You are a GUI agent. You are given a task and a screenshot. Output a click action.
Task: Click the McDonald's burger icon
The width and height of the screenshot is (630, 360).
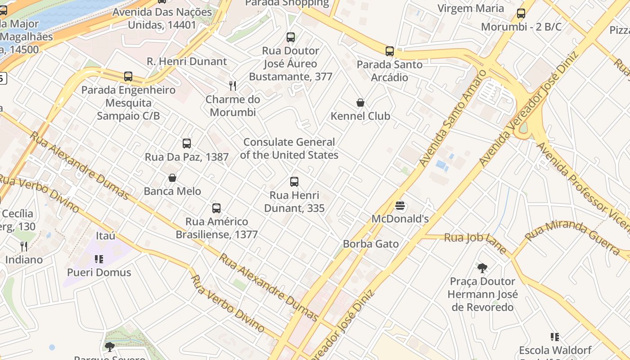pyautogui.click(x=400, y=206)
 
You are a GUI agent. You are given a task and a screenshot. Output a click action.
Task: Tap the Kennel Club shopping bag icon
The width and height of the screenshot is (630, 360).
pyautogui.click(x=360, y=103)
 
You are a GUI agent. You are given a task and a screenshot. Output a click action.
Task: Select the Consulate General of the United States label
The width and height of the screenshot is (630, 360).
pyautogui.click(x=289, y=148)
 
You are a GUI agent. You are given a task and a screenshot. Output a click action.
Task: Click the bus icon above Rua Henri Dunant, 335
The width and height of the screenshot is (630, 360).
pyautogui.click(x=294, y=182)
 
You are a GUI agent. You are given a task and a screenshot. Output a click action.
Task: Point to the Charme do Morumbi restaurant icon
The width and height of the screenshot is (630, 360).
pyautogui.click(x=233, y=85)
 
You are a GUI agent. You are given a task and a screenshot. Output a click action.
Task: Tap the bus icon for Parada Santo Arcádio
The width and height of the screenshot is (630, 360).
pyautogui.click(x=390, y=51)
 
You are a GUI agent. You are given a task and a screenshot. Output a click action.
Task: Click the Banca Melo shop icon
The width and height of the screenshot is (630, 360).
pyautogui.click(x=172, y=178)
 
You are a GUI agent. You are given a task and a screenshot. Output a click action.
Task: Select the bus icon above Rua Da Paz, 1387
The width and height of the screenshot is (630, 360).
pyautogui.click(x=187, y=144)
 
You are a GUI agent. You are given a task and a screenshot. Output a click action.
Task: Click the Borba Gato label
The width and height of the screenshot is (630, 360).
pyautogui.click(x=371, y=244)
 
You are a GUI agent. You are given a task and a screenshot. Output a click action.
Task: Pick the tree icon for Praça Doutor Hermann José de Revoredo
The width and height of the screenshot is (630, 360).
pyautogui.click(x=482, y=268)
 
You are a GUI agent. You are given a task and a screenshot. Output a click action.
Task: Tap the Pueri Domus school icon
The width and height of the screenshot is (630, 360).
pyautogui.click(x=99, y=259)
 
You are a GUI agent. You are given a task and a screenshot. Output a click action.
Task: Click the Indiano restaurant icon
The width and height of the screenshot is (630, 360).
pyautogui.click(x=24, y=246)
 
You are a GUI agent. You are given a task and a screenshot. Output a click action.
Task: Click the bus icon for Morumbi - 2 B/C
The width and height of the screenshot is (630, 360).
pyautogui.click(x=521, y=13)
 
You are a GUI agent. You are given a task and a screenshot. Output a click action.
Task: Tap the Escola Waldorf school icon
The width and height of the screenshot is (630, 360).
pyautogui.click(x=555, y=337)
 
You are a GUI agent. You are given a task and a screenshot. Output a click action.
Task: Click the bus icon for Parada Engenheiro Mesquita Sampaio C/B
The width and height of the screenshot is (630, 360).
pyautogui.click(x=128, y=76)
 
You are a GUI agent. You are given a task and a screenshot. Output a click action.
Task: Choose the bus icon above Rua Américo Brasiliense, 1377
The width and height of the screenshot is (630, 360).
pyautogui.click(x=216, y=208)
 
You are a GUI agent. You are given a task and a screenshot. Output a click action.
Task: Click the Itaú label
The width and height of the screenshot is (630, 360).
pyautogui.click(x=106, y=236)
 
